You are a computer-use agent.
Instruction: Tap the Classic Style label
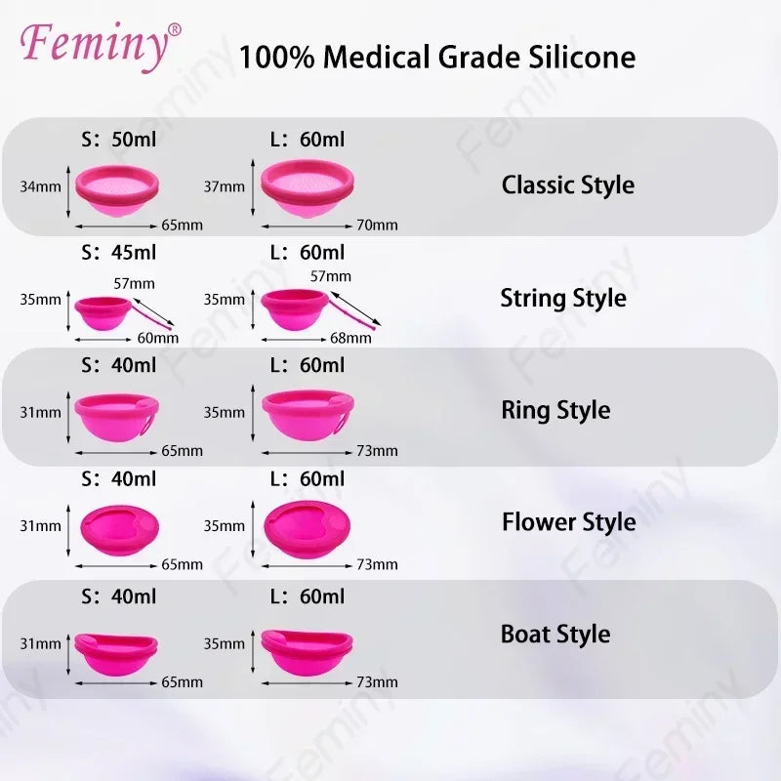click(567, 185)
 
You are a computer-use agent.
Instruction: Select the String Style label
click(563, 298)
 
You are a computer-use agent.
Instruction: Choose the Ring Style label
click(555, 410)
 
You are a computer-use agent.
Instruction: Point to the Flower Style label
click(568, 522)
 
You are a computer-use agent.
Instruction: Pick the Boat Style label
click(555, 634)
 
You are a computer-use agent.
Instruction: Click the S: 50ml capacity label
click(119, 141)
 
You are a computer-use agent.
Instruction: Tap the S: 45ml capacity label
click(119, 253)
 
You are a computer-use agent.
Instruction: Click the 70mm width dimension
click(377, 226)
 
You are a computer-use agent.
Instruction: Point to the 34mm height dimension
click(40, 185)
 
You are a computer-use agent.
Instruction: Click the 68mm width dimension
click(351, 339)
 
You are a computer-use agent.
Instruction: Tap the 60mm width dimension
click(158, 339)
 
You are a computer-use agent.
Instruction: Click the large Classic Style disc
click(308, 188)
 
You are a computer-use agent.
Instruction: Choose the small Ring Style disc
click(116, 414)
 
